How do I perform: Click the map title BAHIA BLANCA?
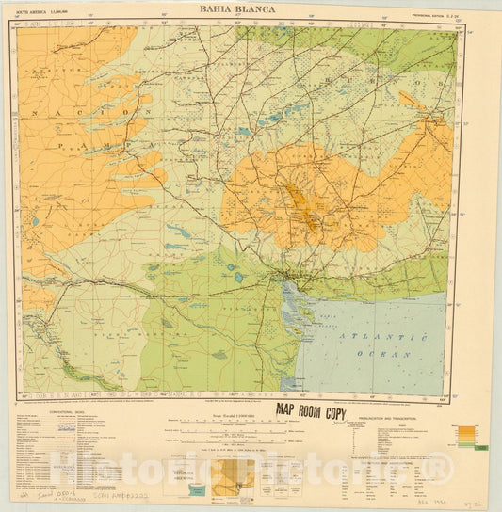pyautogui.click(x=236, y=8)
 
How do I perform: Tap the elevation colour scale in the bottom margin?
pyautogui.click(x=466, y=438)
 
